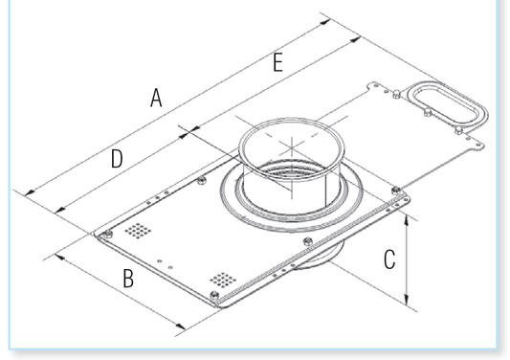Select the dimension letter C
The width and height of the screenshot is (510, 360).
(x=388, y=259)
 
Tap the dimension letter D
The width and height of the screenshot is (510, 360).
(x=116, y=159)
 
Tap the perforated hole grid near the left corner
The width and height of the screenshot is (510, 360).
(x=140, y=231)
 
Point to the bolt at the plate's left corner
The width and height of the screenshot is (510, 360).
(x=108, y=234)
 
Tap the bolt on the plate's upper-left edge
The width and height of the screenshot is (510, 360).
(x=201, y=180)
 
